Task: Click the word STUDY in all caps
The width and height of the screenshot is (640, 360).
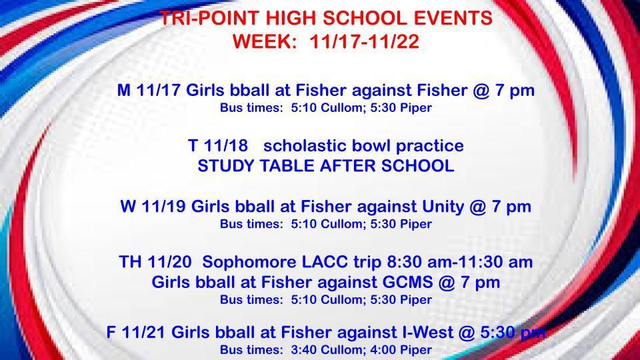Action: tap(223, 166)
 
